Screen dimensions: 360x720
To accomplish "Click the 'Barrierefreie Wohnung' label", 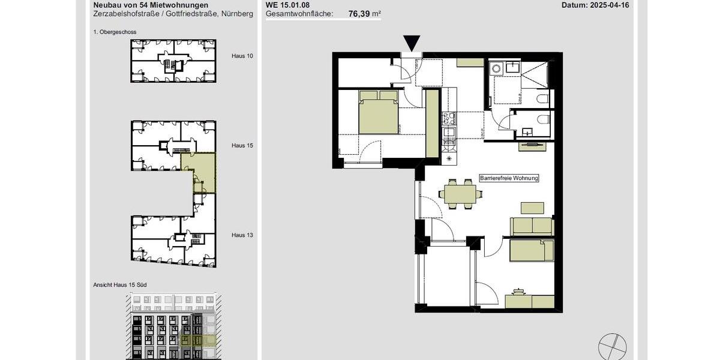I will point(509,178).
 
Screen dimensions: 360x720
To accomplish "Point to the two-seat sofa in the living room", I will point(532,226).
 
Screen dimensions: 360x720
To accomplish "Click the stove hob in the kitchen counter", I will point(448,119).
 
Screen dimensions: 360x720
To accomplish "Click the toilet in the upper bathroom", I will point(542,98).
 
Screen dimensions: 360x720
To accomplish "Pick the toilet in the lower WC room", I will point(543,119).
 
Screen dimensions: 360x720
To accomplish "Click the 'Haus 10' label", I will point(242,56).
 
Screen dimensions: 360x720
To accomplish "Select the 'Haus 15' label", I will point(242,145).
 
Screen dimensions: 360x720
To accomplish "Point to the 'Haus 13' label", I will point(242,235).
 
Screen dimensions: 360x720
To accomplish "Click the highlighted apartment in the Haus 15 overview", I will point(203,171).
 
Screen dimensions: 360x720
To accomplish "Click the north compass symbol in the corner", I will point(612,347).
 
